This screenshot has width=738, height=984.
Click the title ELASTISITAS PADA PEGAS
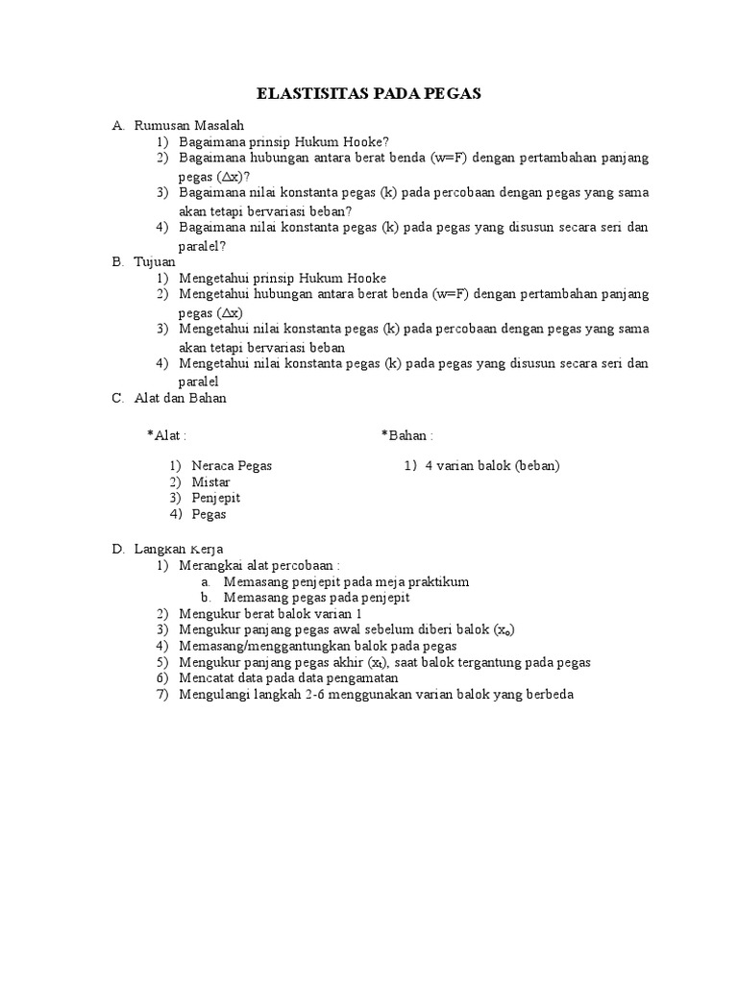pyautogui.click(x=369, y=94)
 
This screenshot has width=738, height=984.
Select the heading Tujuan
pyautogui.click(x=157, y=261)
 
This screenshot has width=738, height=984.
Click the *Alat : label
pyautogui.click(x=166, y=435)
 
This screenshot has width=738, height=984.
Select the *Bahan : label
pyautogui.click(x=406, y=435)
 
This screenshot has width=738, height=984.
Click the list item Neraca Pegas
pyautogui.click(x=232, y=466)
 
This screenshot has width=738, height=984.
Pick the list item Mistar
pyautogui.click(x=210, y=482)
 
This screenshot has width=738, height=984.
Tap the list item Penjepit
pyautogui.click(x=215, y=498)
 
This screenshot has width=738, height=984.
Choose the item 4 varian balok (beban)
pyautogui.click(x=492, y=466)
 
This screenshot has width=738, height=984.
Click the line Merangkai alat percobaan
pyautogui.click(x=259, y=565)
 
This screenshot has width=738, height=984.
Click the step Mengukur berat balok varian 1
pyautogui.click(x=270, y=614)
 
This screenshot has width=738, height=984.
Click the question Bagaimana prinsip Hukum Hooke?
pyautogui.click(x=283, y=140)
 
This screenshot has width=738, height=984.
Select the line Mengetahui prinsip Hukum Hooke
pyautogui.click(x=283, y=278)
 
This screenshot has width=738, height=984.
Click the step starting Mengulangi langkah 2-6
pyautogui.click(x=376, y=695)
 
